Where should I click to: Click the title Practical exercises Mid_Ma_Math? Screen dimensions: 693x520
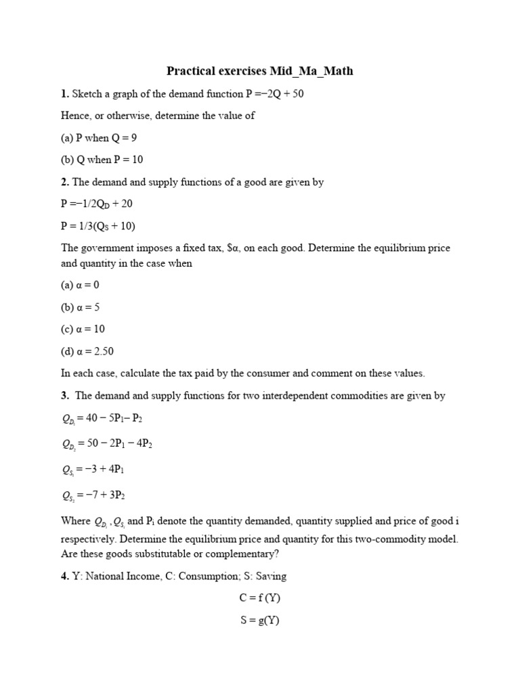[260, 71]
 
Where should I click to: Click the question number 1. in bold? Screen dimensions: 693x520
[65, 93]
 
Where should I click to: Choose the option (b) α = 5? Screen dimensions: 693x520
[81, 307]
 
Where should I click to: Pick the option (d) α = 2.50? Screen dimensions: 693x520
[87, 351]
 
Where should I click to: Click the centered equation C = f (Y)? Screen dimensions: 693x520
[259, 598]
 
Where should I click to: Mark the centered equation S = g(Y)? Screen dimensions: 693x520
[259, 620]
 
